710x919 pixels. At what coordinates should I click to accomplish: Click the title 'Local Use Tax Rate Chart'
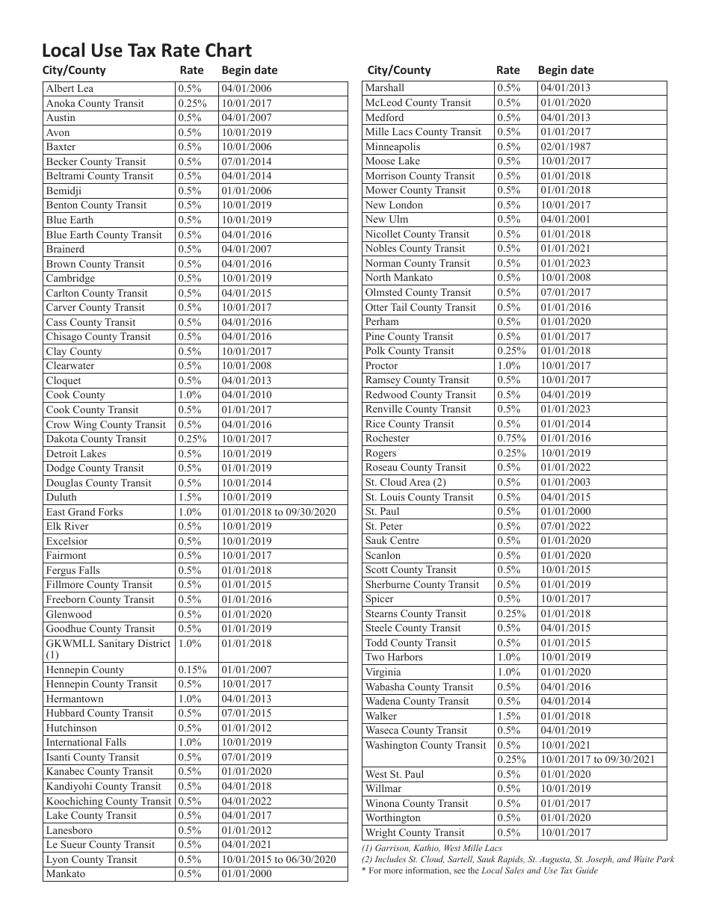(x=146, y=51)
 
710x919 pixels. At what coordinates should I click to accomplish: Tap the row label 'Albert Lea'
(x=70, y=88)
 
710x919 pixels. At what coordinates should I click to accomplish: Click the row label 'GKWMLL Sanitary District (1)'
(x=108, y=649)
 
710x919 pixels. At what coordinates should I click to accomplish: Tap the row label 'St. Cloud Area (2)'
(x=405, y=483)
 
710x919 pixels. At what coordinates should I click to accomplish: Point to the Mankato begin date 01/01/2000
(x=247, y=874)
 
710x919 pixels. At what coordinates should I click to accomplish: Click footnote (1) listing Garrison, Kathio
(x=431, y=848)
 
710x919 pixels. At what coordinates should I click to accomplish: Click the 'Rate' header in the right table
(x=507, y=70)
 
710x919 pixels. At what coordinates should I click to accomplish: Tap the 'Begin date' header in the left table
(x=249, y=70)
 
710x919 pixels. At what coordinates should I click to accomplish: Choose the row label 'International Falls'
(x=86, y=743)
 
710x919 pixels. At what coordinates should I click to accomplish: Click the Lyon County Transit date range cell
(x=279, y=860)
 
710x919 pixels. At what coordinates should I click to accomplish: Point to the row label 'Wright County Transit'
(x=415, y=833)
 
